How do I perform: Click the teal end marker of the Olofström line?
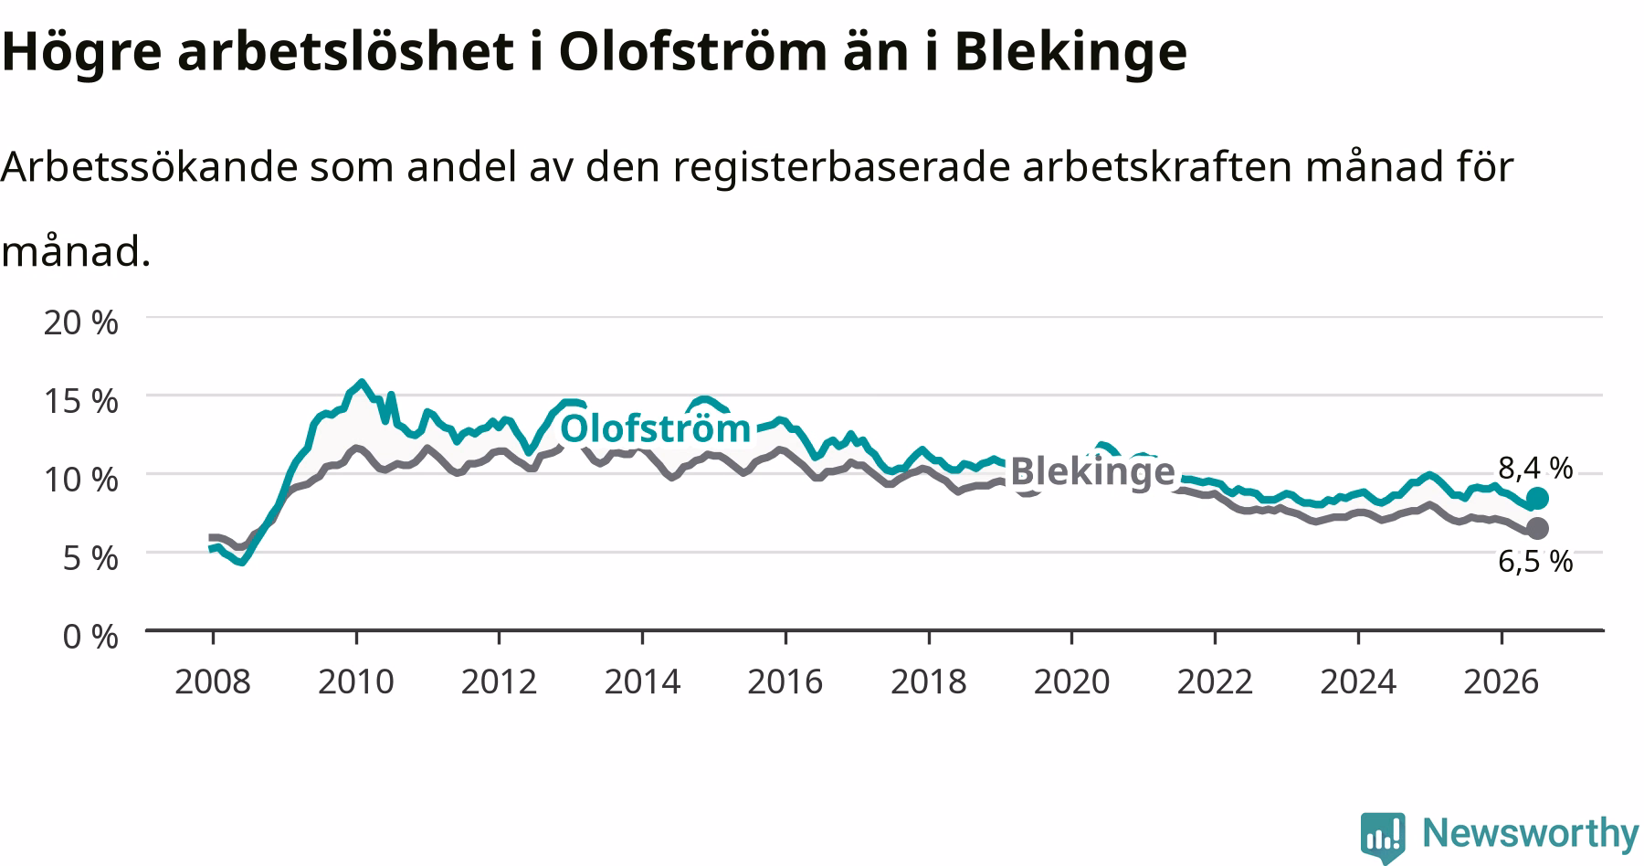(x=1537, y=498)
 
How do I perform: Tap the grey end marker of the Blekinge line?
(x=1537, y=528)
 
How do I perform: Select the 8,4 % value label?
(x=1535, y=469)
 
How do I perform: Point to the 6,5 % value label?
(x=1535, y=561)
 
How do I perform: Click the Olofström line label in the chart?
(x=655, y=428)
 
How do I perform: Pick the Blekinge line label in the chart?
(x=1092, y=471)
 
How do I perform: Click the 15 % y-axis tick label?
(x=81, y=400)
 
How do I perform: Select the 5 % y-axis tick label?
(x=90, y=557)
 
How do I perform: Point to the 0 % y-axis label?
(x=90, y=636)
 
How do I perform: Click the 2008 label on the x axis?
(x=213, y=681)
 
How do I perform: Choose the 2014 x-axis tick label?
(x=642, y=681)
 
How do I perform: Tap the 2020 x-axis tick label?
(x=1071, y=681)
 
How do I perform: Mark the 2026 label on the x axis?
(x=1501, y=681)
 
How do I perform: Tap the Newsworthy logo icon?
(x=1384, y=835)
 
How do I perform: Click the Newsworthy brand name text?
(x=1531, y=834)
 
